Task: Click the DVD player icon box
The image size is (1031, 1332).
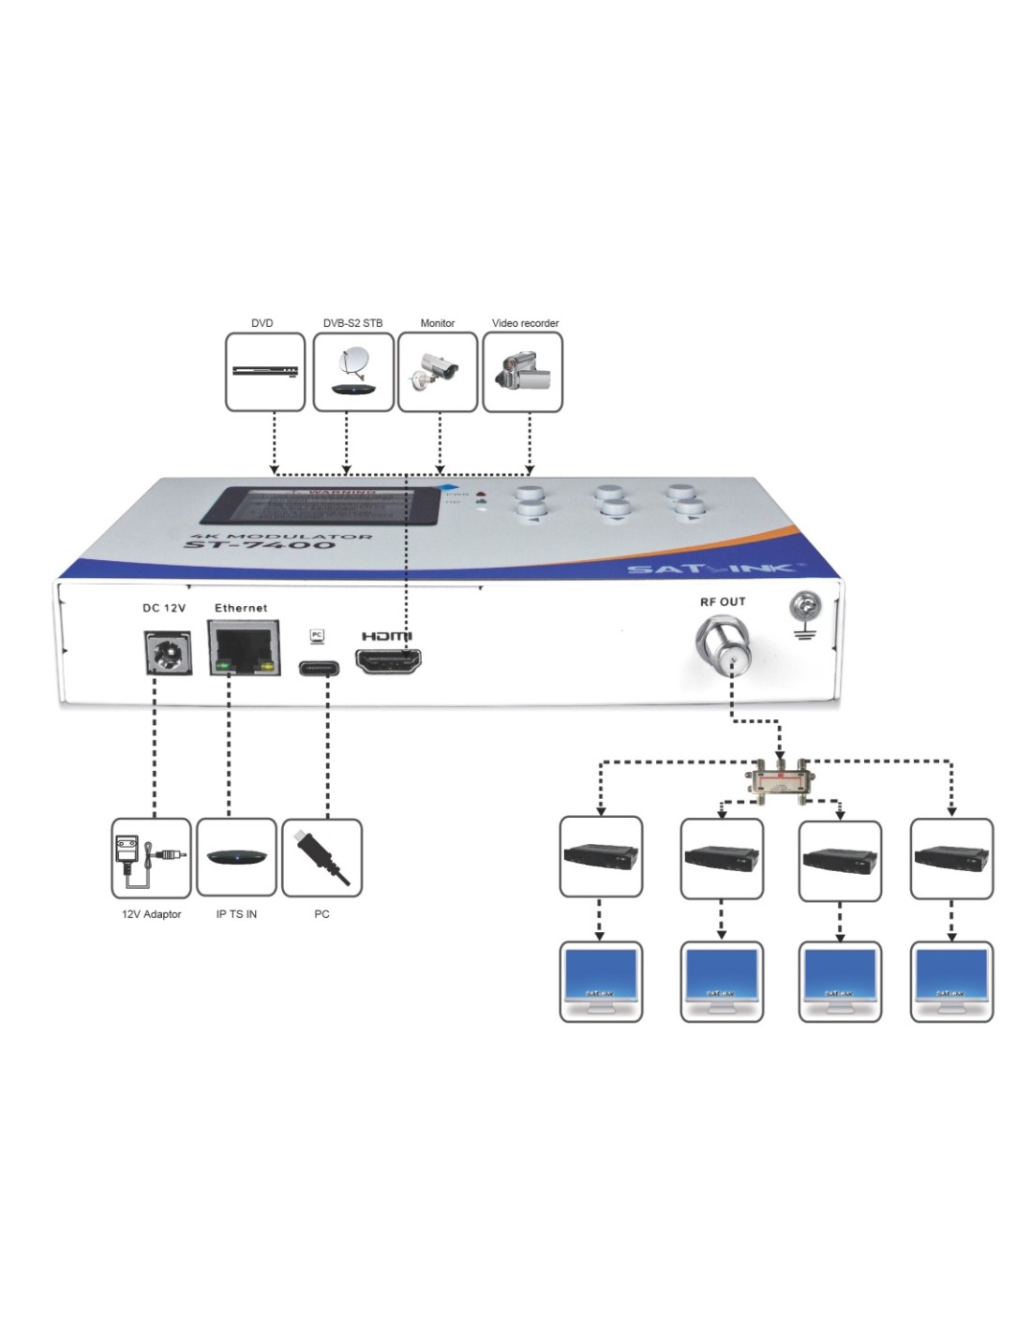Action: (x=265, y=372)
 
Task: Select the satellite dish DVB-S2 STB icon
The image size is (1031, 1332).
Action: (x=352, y=372)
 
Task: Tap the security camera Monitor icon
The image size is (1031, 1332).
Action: (x=437, y=372)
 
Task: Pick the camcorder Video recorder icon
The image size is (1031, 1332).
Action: (x=522, y=372)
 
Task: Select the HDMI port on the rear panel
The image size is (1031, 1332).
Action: (x=387, y=660)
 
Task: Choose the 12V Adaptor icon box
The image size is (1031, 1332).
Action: (x=150, y=857)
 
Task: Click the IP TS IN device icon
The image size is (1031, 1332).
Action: (x=236, y=857)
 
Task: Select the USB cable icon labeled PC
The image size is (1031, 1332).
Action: (x=321, y=857)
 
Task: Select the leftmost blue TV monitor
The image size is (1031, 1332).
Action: (x=601, y=980)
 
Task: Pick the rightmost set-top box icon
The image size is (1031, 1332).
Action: (x=951, y=857)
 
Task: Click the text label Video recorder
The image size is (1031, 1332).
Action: (x=525, y=323)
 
